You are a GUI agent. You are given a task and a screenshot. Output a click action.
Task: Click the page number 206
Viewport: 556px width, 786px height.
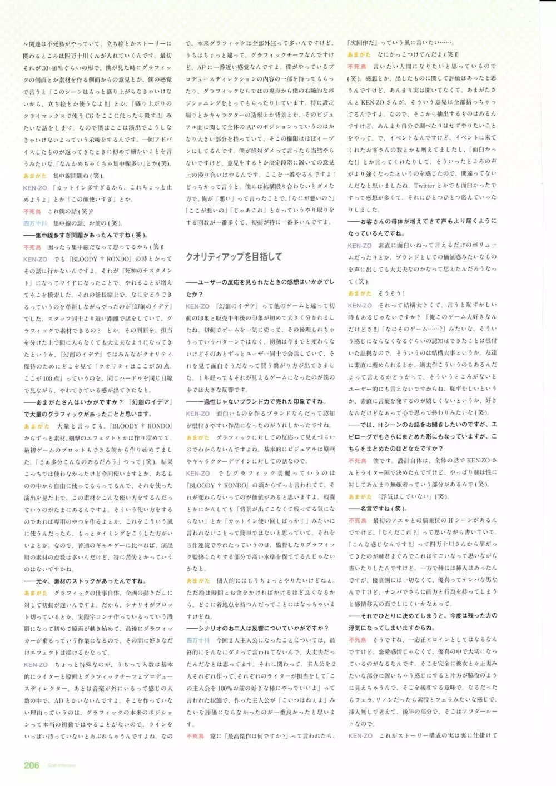click(x=31, y=765)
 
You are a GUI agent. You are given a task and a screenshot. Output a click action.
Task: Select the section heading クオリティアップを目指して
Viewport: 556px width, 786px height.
click(x=234, y=257)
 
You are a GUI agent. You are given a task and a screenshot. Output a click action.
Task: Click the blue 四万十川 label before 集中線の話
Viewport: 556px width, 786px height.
click(x=35, y=223)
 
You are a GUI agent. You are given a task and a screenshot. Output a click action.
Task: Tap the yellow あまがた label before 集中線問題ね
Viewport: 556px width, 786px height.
click(x=34, y=176)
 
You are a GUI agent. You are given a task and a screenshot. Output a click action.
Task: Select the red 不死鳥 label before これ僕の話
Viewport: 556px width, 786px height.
click(x=32, y=211)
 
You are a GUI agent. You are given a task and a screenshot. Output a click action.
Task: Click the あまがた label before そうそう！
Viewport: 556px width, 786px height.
click(x=360, y=293)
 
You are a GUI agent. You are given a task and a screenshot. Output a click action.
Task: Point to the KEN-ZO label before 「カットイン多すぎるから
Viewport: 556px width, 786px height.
click(x=35, y=188)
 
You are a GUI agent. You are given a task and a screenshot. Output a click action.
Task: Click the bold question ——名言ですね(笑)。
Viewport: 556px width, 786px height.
click(x=378, y=509)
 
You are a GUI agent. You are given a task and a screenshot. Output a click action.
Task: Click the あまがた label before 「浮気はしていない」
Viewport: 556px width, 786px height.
click(x=360, y=496)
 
